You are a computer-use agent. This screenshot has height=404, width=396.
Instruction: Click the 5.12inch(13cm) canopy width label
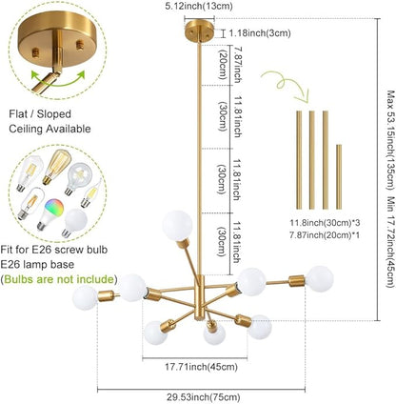click(199, 6)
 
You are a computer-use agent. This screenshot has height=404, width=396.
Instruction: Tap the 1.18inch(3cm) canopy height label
click(260, 32)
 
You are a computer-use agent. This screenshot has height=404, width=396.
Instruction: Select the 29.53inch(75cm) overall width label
click(204, 396)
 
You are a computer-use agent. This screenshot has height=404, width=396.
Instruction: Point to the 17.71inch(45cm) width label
click(201, 367)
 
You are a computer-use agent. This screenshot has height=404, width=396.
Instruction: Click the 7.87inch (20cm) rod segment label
click(229, 65)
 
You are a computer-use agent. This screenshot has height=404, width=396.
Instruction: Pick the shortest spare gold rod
click(339, 176)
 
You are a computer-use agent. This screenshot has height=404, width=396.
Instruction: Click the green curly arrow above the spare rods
click(285, 85)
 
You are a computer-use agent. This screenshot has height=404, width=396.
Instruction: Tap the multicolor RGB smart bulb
click(50, 214)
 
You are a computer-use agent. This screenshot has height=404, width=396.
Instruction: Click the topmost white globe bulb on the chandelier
click(178, 225)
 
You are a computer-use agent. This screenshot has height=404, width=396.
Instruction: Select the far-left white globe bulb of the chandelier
click(85, 297)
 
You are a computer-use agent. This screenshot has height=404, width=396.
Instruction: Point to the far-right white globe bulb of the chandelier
click(320, 279)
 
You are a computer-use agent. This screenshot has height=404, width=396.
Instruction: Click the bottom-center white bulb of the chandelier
click(214, 334)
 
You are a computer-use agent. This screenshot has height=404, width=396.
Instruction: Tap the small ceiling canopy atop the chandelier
click(199, 30)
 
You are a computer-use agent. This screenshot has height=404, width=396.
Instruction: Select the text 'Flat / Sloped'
click(40, 114)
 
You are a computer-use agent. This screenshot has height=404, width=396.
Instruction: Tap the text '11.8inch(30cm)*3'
click(325, 223)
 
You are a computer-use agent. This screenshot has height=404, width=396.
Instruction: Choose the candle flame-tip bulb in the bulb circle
click(90, 192)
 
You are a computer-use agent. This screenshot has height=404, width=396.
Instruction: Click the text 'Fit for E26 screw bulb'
click(54, 250)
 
